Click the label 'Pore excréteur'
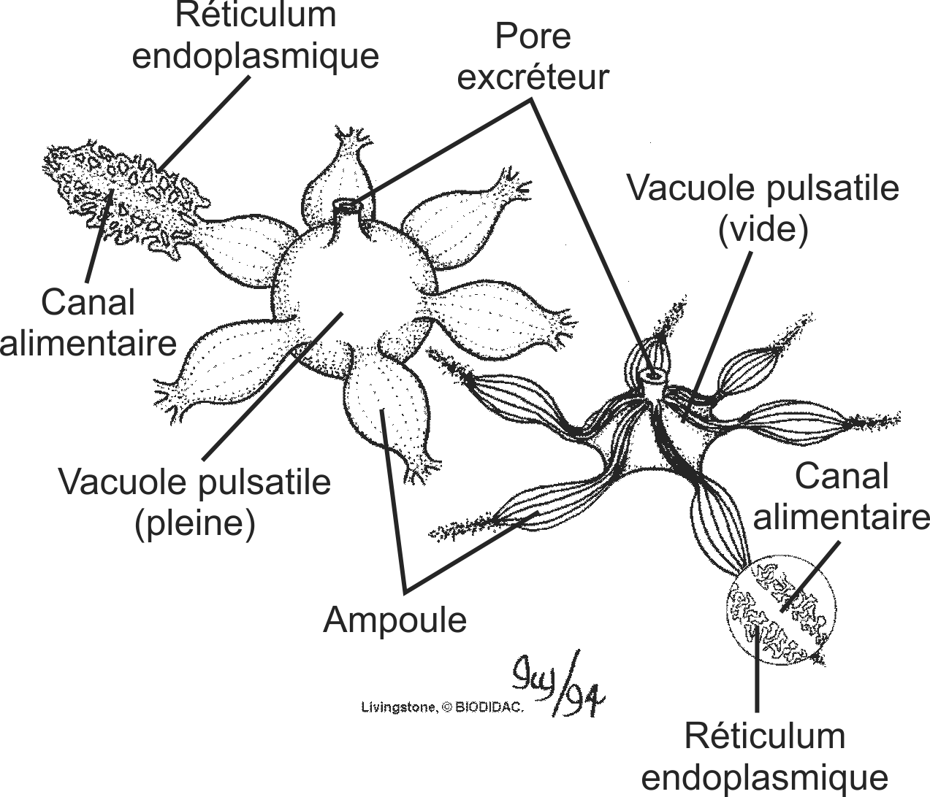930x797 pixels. point(533,57)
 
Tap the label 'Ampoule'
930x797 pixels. point(395,620)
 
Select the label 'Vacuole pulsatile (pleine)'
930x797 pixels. point(194,503)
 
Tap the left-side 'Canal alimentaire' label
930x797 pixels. point(88,322)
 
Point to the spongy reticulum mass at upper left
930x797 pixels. point(121,193)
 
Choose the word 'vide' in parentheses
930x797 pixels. point(763,230)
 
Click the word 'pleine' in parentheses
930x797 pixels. point(194,523)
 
